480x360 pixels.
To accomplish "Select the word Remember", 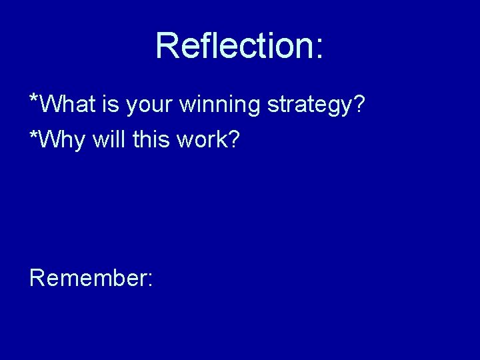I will click(x=88, y=277).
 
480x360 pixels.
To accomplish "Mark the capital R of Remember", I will click(x=37, y=277).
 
